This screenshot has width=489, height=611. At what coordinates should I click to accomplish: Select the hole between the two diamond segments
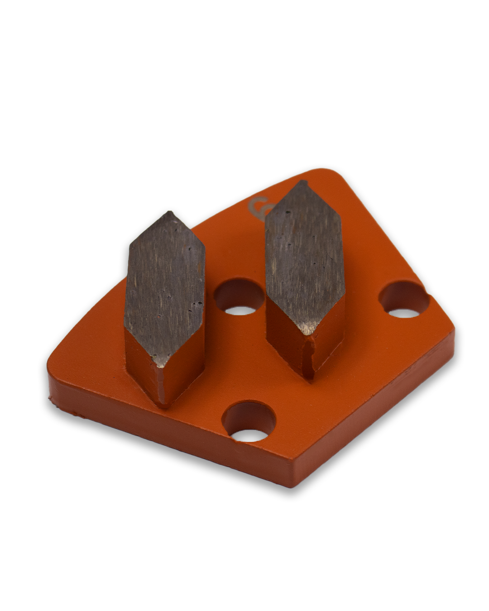(x=239, y=299)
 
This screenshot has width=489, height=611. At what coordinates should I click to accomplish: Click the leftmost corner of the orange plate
(x=49, y=358)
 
